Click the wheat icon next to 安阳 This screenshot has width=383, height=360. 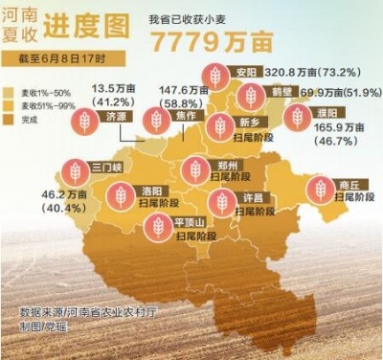coord(217,76)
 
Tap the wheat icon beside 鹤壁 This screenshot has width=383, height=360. coord(251,95)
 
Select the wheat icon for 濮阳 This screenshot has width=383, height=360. coord(298,117)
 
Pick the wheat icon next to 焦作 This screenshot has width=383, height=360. coord(155,120)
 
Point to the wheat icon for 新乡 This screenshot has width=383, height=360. coord(220,125)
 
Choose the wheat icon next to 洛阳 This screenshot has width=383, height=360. coord(120,196)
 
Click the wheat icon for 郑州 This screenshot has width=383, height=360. coord(195,169)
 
